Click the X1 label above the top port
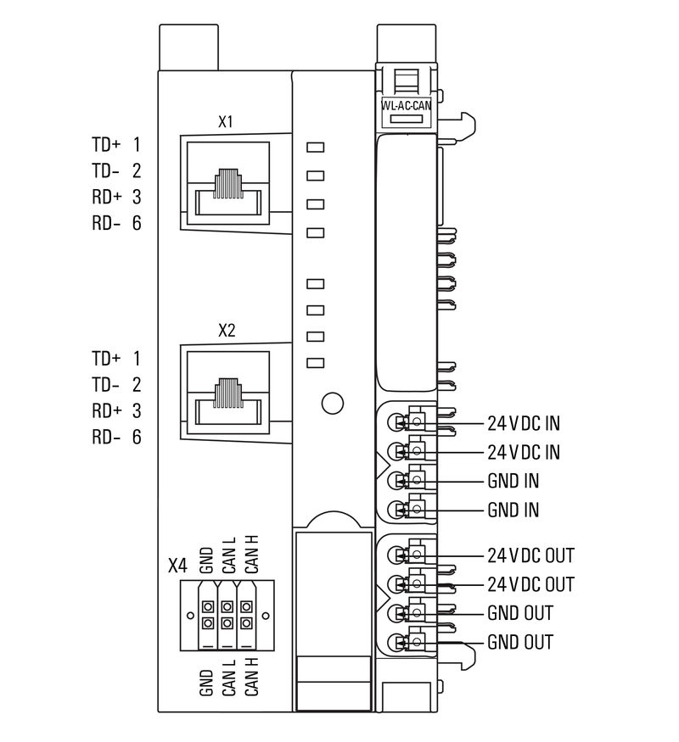[226, 122]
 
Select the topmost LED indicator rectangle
[316, 148]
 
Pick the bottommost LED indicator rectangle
[316, 363]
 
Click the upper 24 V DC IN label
[523, 423]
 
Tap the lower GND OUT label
[519, 642]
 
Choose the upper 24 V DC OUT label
[530, 556]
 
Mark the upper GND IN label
[513, 481]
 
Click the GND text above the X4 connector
[206, 561]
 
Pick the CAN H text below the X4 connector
[251, 677]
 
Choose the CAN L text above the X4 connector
[228, 557]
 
